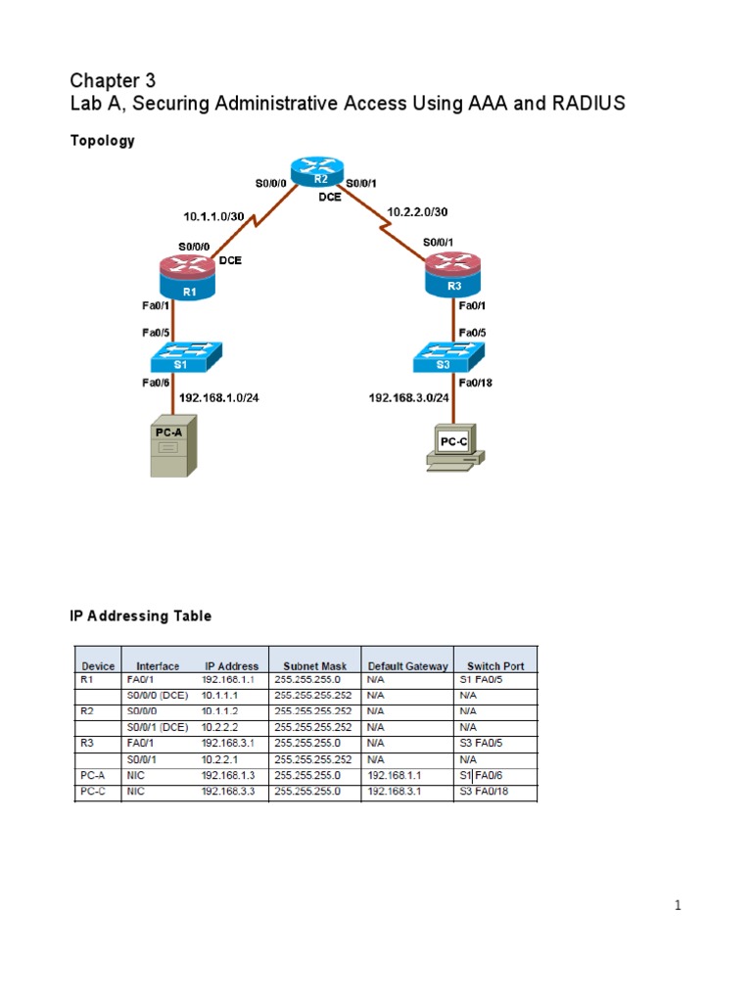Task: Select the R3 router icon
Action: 453,275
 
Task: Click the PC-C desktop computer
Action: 453,445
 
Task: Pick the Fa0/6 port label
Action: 157,383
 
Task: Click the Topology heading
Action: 102,141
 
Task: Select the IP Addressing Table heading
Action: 140,616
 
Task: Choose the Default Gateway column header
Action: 408,666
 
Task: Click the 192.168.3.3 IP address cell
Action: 228,792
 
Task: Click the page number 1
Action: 678,906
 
